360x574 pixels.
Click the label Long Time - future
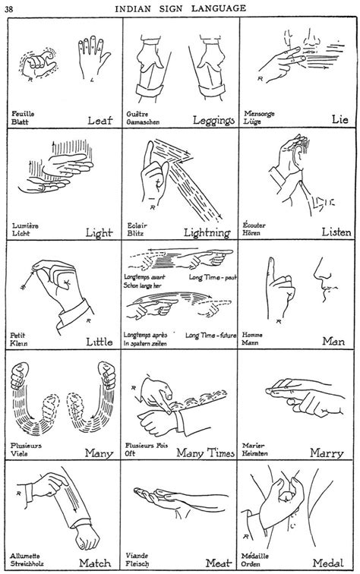click(213, 334)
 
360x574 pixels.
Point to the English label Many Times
click(205, 453)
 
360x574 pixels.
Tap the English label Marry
click(328, 453)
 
